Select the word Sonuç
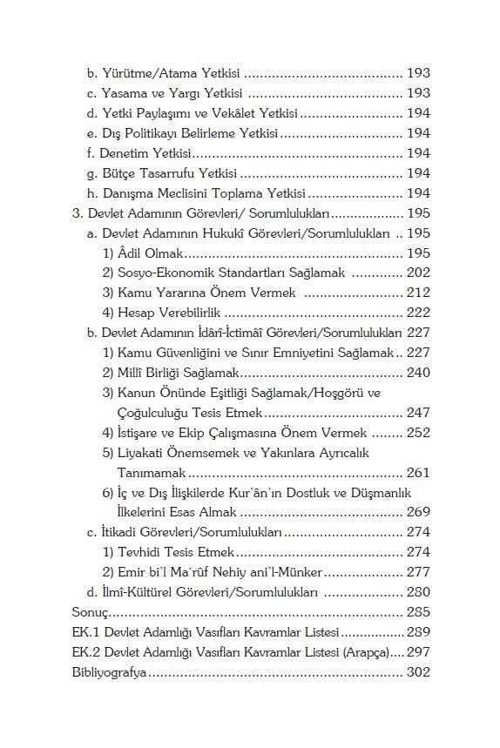click(x=88, y=612)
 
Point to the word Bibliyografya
click(x=111, y=673)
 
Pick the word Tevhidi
click(x=142, y=551)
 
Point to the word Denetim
click(x=125, y=152)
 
